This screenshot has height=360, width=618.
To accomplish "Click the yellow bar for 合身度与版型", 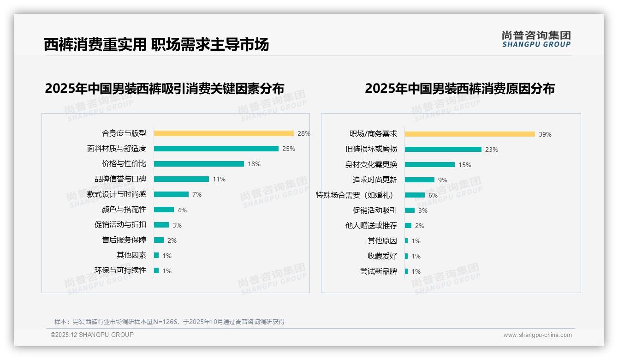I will pos(224,133).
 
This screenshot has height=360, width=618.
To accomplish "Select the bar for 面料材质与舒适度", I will pos(216,149).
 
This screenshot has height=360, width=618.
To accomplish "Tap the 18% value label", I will pos(254,164).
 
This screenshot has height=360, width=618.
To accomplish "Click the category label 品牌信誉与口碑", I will pos(120,179).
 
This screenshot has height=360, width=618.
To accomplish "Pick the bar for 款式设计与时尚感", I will pos(171,194).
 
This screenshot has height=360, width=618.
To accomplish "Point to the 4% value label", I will pos(182,210).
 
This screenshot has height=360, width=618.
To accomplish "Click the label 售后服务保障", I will pos(124,240).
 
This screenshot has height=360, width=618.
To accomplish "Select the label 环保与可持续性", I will pos(120,270).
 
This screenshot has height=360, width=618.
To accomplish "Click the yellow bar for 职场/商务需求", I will pos(469,134).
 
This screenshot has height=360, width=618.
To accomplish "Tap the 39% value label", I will pos(545,134).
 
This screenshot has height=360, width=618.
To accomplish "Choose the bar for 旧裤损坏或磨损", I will pos(443,150).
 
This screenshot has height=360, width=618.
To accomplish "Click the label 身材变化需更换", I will pos(371,165).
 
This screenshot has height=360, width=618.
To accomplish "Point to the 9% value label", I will pos(443,180).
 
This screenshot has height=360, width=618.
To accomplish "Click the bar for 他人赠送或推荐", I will pos(408,226).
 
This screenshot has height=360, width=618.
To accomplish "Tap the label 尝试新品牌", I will pos(379,271).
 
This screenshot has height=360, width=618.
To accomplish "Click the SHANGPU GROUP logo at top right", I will pos(536,39).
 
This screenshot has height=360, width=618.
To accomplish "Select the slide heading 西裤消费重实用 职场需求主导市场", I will pos(156,45).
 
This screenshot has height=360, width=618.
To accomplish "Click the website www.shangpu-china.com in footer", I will pos(537,335).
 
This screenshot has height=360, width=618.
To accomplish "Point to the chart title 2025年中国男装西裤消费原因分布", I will pos(460,88).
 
